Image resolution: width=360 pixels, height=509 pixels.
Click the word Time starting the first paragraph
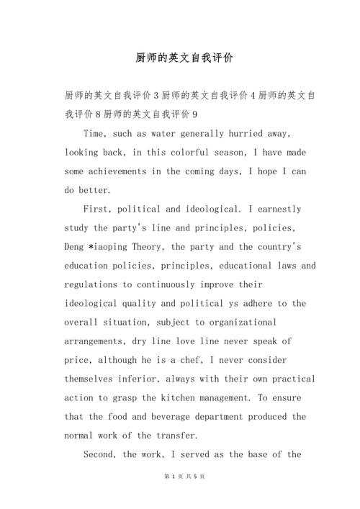[x=96, y=134]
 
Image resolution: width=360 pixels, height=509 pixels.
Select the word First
[x=98, y=209]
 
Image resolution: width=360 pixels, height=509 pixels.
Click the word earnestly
[x=276, y=209]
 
